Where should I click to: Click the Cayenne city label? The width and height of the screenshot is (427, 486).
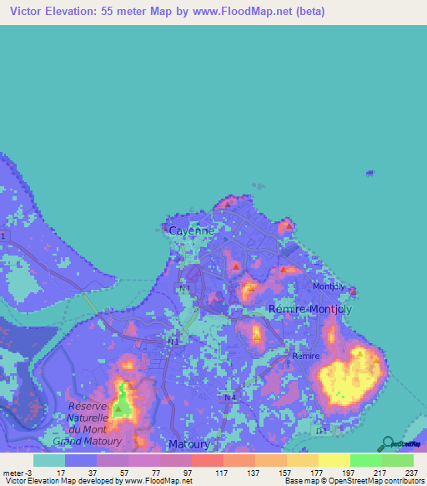[x=192, y=230]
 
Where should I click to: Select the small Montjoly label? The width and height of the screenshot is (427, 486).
[x=328, y=286]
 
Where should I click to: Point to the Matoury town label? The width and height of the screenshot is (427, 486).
[x=188, y=443]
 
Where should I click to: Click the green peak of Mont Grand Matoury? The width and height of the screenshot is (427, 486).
[x=123, y=402]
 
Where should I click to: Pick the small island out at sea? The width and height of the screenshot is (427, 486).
[x=369, y=173]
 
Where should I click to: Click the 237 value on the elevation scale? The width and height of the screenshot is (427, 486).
[x=411, y=472]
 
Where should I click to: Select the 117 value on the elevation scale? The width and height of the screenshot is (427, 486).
[x=220, y=472]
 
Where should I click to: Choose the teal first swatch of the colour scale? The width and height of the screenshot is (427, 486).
[x=49, y=460]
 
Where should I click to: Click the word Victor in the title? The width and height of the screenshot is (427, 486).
[x=27, y=12]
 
